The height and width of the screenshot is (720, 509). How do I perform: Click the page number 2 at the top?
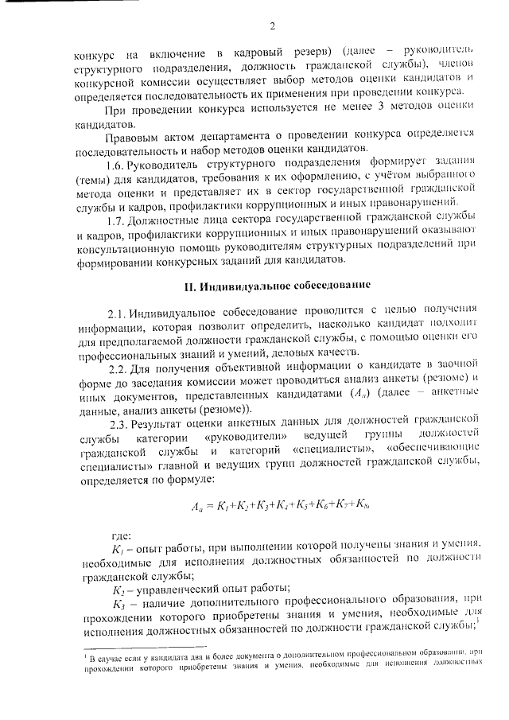271,29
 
